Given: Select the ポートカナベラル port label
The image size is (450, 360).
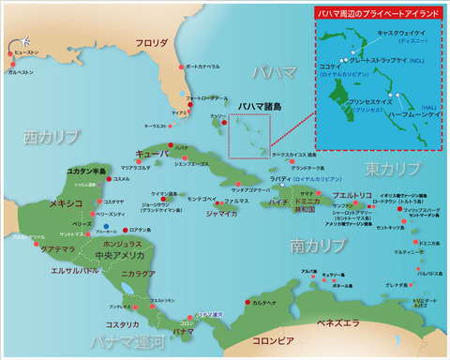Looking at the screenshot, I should pyautogui.click(x=202, y=67).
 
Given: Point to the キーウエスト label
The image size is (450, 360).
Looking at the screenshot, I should pyautogui.click(x=157, y=125).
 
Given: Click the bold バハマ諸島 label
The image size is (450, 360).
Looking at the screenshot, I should pyautogui.click(x=257, y=107).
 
